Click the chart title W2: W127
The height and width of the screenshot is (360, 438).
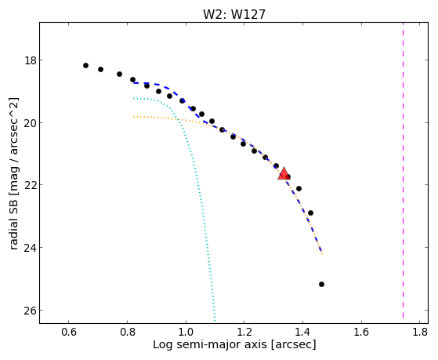(x=234, y=14)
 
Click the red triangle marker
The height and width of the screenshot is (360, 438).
(x=284, y=173)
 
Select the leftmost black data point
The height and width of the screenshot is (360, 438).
(x=85, y=65)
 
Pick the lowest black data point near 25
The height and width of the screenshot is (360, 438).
(x=321, y=284)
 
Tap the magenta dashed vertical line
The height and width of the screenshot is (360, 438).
(x=403, y=170)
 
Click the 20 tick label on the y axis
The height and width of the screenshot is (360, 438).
(x=31, y=123)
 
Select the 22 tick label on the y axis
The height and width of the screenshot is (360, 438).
(x=31, y=185)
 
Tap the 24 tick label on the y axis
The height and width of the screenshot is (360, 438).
(x=31, y=248)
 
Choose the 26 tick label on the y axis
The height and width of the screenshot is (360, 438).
(x=31, y=311)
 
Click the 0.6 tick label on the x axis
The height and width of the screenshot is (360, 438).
(x=69, y=332)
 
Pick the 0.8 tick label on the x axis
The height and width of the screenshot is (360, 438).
(x=128, y=332)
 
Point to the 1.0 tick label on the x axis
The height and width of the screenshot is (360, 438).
(x=186, y=332)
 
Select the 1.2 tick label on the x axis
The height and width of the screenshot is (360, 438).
(x=244, y=332)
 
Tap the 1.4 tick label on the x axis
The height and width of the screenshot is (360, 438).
(x=302, y=332)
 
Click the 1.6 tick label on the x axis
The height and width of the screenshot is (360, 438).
(x=361, y=332)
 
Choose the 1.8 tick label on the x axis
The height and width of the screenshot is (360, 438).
(x=420, y=332)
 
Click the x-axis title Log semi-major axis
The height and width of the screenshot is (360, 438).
(x=209, y=344)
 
